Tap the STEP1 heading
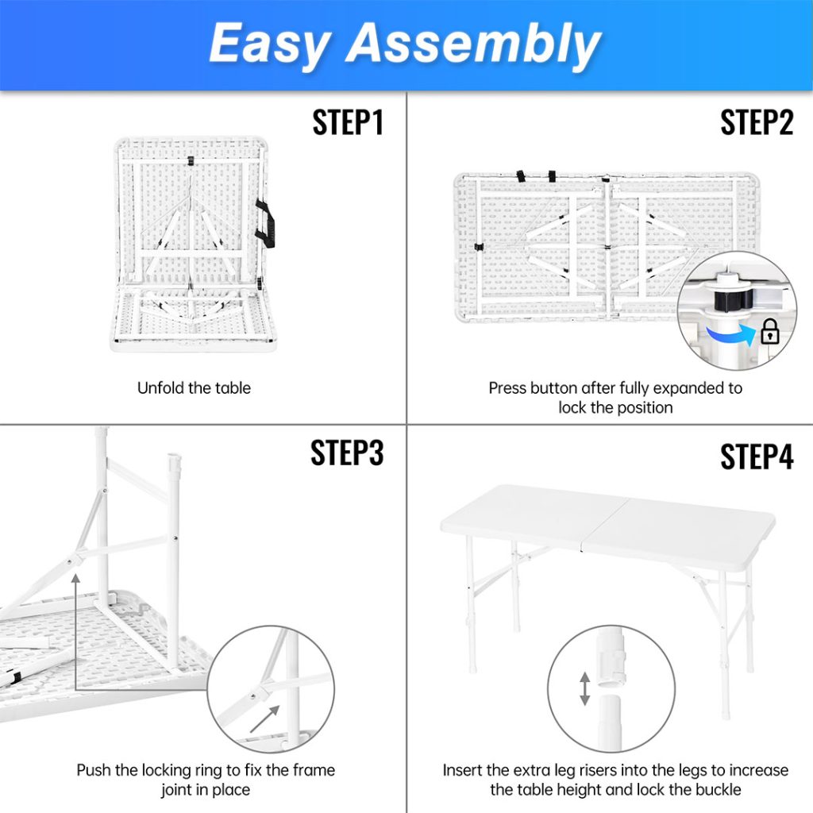click(348, 123)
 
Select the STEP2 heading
click(757, 123)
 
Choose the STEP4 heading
click(757, 457)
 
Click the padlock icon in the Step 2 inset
click(769, 332)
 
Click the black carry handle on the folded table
click(264, 223)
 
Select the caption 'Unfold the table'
click(194, 388)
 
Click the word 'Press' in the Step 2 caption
click(507, 388)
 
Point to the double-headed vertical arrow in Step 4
click(584, 688)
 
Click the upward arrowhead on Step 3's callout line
click(76, 579)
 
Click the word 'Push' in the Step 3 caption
click(93, 770)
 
